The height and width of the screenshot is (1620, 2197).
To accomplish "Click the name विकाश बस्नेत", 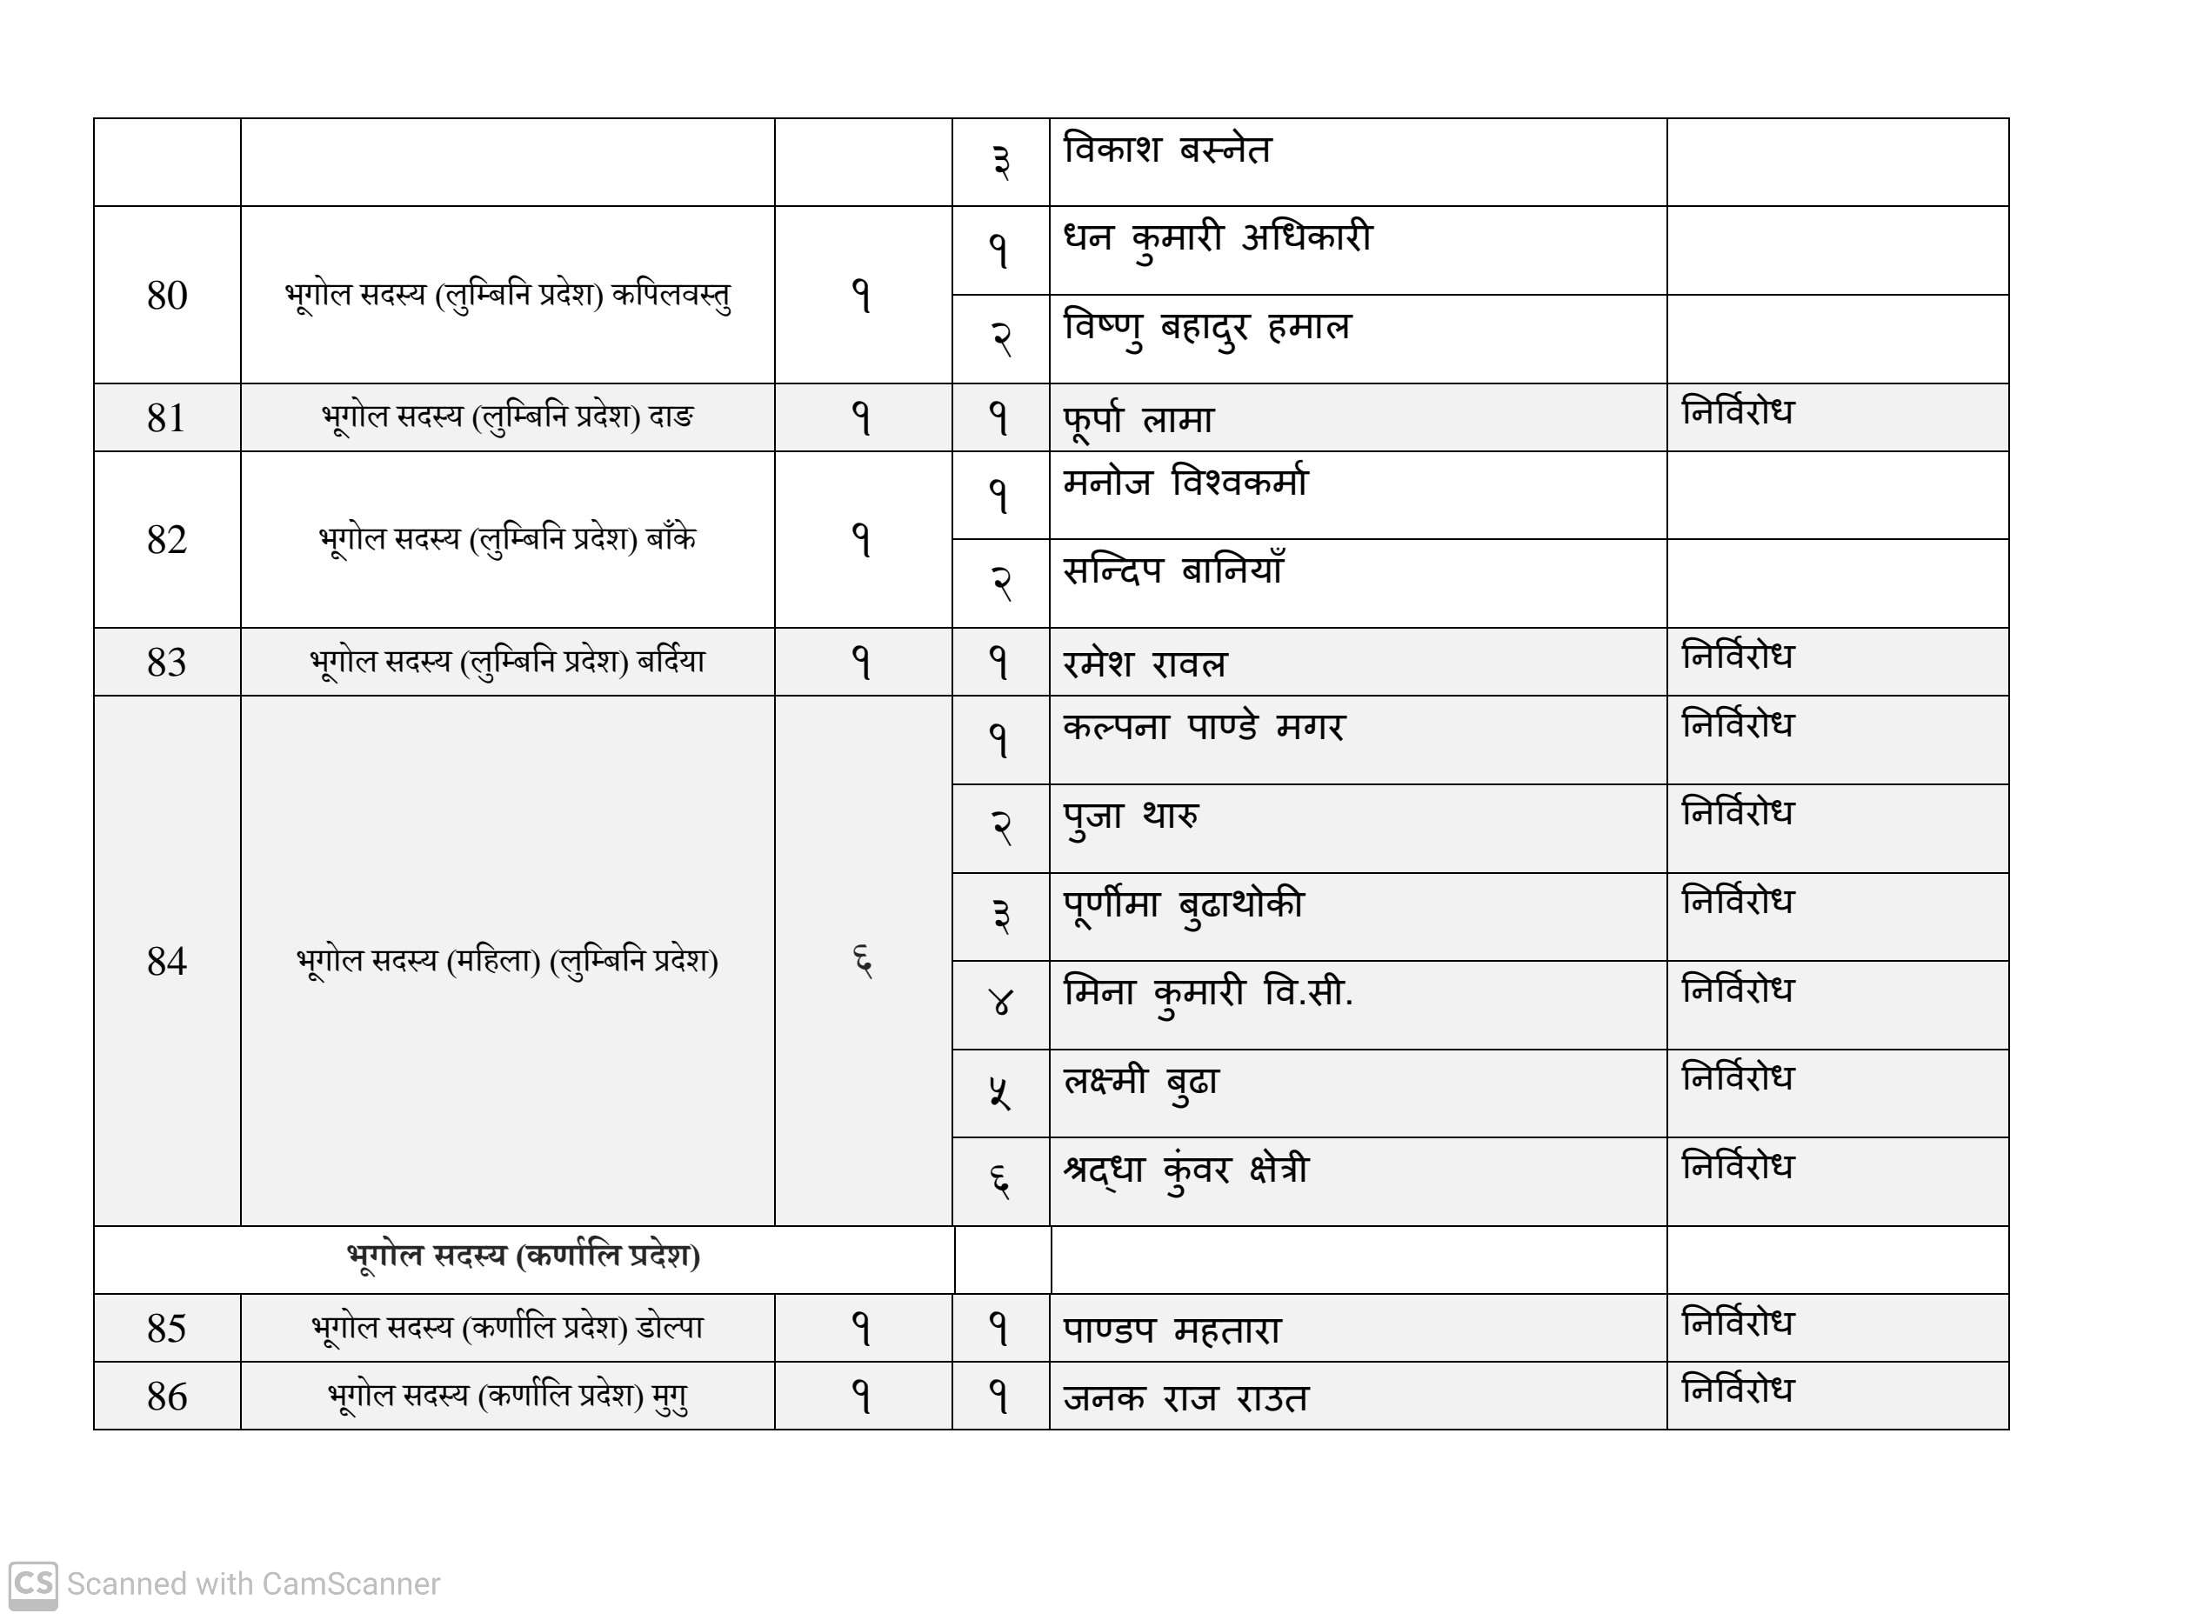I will coord(1167,150).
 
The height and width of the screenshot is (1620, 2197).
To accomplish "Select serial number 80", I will coord(167,295).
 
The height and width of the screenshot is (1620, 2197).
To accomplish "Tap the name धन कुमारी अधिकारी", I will coord(1217,238).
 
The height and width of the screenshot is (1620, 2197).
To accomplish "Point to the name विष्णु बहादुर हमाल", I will coord(1206,328).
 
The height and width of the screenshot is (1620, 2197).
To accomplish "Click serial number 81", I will coord(167,417).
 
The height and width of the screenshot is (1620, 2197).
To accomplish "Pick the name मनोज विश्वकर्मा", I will coord(1185,483).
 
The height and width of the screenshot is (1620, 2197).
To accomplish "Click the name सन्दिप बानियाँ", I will coord(1173,570).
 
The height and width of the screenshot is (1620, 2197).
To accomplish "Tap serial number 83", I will coord(167,663).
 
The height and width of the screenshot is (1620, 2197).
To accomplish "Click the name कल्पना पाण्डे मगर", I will coord(1204,728).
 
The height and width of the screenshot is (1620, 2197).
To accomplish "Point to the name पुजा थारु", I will coord(1131,816).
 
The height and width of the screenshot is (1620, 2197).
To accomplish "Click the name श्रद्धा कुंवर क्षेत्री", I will coord(1185,1170).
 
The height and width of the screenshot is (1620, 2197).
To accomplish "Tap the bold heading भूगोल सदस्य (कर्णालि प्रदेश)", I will coord(523,1257).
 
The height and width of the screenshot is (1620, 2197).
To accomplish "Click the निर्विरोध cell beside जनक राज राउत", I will coord(1737,1390).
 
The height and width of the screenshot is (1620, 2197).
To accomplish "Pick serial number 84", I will coord(167,962).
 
